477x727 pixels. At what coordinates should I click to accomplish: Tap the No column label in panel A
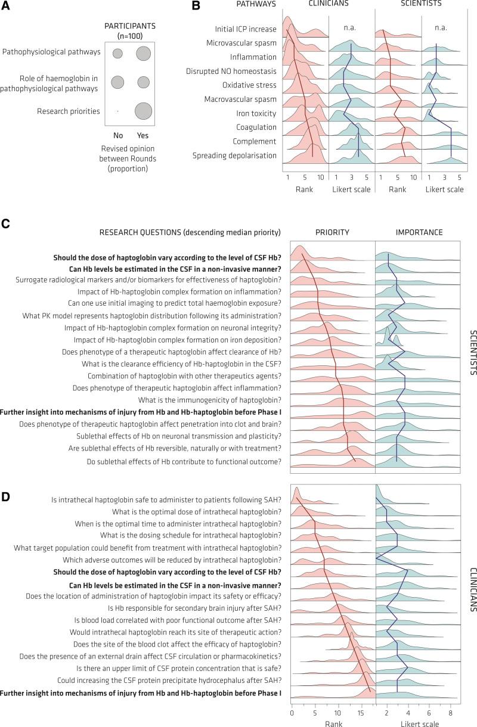117,135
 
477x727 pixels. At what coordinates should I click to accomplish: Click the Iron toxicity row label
241,113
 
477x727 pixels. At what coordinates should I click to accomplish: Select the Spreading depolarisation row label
226,156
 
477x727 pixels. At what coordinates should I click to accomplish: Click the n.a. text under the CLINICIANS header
349,27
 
